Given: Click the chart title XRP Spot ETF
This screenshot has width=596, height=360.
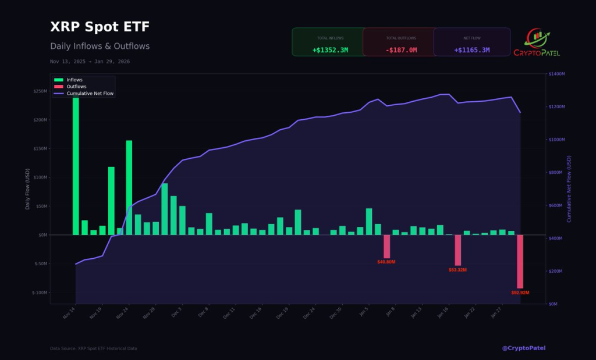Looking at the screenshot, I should point(100,27).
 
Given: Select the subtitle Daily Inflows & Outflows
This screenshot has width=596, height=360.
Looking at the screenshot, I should point(100,46).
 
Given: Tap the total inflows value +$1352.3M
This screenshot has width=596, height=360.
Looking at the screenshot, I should point(330,50).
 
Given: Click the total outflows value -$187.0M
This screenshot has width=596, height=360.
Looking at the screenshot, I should point(401,50).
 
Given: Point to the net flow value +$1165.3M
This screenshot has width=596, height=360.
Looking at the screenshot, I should point(471,50).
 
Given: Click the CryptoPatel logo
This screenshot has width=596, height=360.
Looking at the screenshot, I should point(536,42).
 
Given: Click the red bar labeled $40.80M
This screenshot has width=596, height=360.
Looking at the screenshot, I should point(386,246).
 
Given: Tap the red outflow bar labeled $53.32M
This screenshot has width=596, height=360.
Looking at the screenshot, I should point(457,249).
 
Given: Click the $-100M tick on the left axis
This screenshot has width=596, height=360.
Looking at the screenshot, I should point(38,293).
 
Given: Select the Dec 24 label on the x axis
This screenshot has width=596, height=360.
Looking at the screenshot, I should point(309,314).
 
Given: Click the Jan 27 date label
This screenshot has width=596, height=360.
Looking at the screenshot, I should point(496,314).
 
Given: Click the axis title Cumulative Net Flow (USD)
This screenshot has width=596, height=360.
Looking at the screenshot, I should point(569,188).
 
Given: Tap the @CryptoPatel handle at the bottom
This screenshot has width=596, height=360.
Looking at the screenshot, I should point(523,348).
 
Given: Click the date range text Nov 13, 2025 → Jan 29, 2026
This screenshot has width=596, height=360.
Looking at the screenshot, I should point(90,61).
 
